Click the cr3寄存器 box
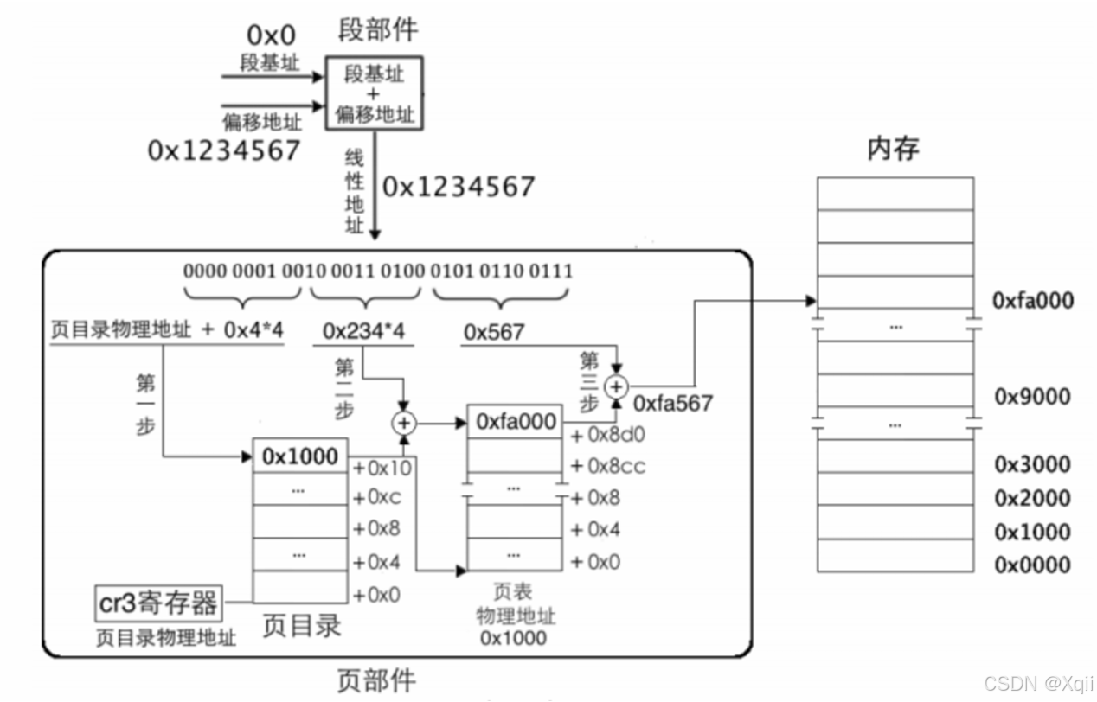point(157,603)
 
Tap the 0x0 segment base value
point(271,35)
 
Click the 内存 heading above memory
point(894,149)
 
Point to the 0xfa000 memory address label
point(1033,301)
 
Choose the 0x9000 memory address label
point(1032,397)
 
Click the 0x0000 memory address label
point(1032,565)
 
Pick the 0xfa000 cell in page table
point(515,422)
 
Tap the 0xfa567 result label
point(673,403)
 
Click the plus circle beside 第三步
point(616,386)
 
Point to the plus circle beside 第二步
point(404,423)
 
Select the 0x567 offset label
point(494,332)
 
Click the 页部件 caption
point(375,680)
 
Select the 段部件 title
point(377,30)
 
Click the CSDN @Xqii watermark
point(1039,683)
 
